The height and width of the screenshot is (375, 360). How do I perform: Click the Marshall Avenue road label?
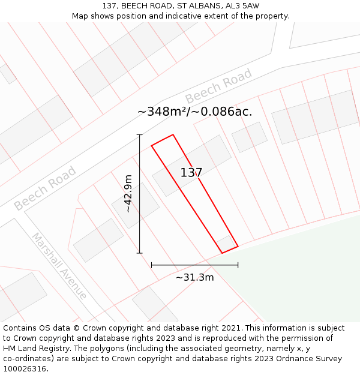(x=59, y=266)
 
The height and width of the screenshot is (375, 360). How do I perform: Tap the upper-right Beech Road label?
(x=218, y=87)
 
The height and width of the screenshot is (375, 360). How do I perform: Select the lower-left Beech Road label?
(x=45, y=188)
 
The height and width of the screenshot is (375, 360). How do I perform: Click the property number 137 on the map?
(x=191, y=173)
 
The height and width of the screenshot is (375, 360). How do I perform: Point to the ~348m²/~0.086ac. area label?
(x=194, y=112)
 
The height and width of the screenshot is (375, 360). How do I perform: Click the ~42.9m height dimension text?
(x=128, y=193)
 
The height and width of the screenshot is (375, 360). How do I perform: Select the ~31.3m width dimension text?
(x=194, y=277)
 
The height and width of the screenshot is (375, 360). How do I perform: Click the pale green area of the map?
(x=300, y=270)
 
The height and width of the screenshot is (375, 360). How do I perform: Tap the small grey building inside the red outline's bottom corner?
(x=226, y=243)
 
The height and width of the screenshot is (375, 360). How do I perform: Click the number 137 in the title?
(x=109, y=5)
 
